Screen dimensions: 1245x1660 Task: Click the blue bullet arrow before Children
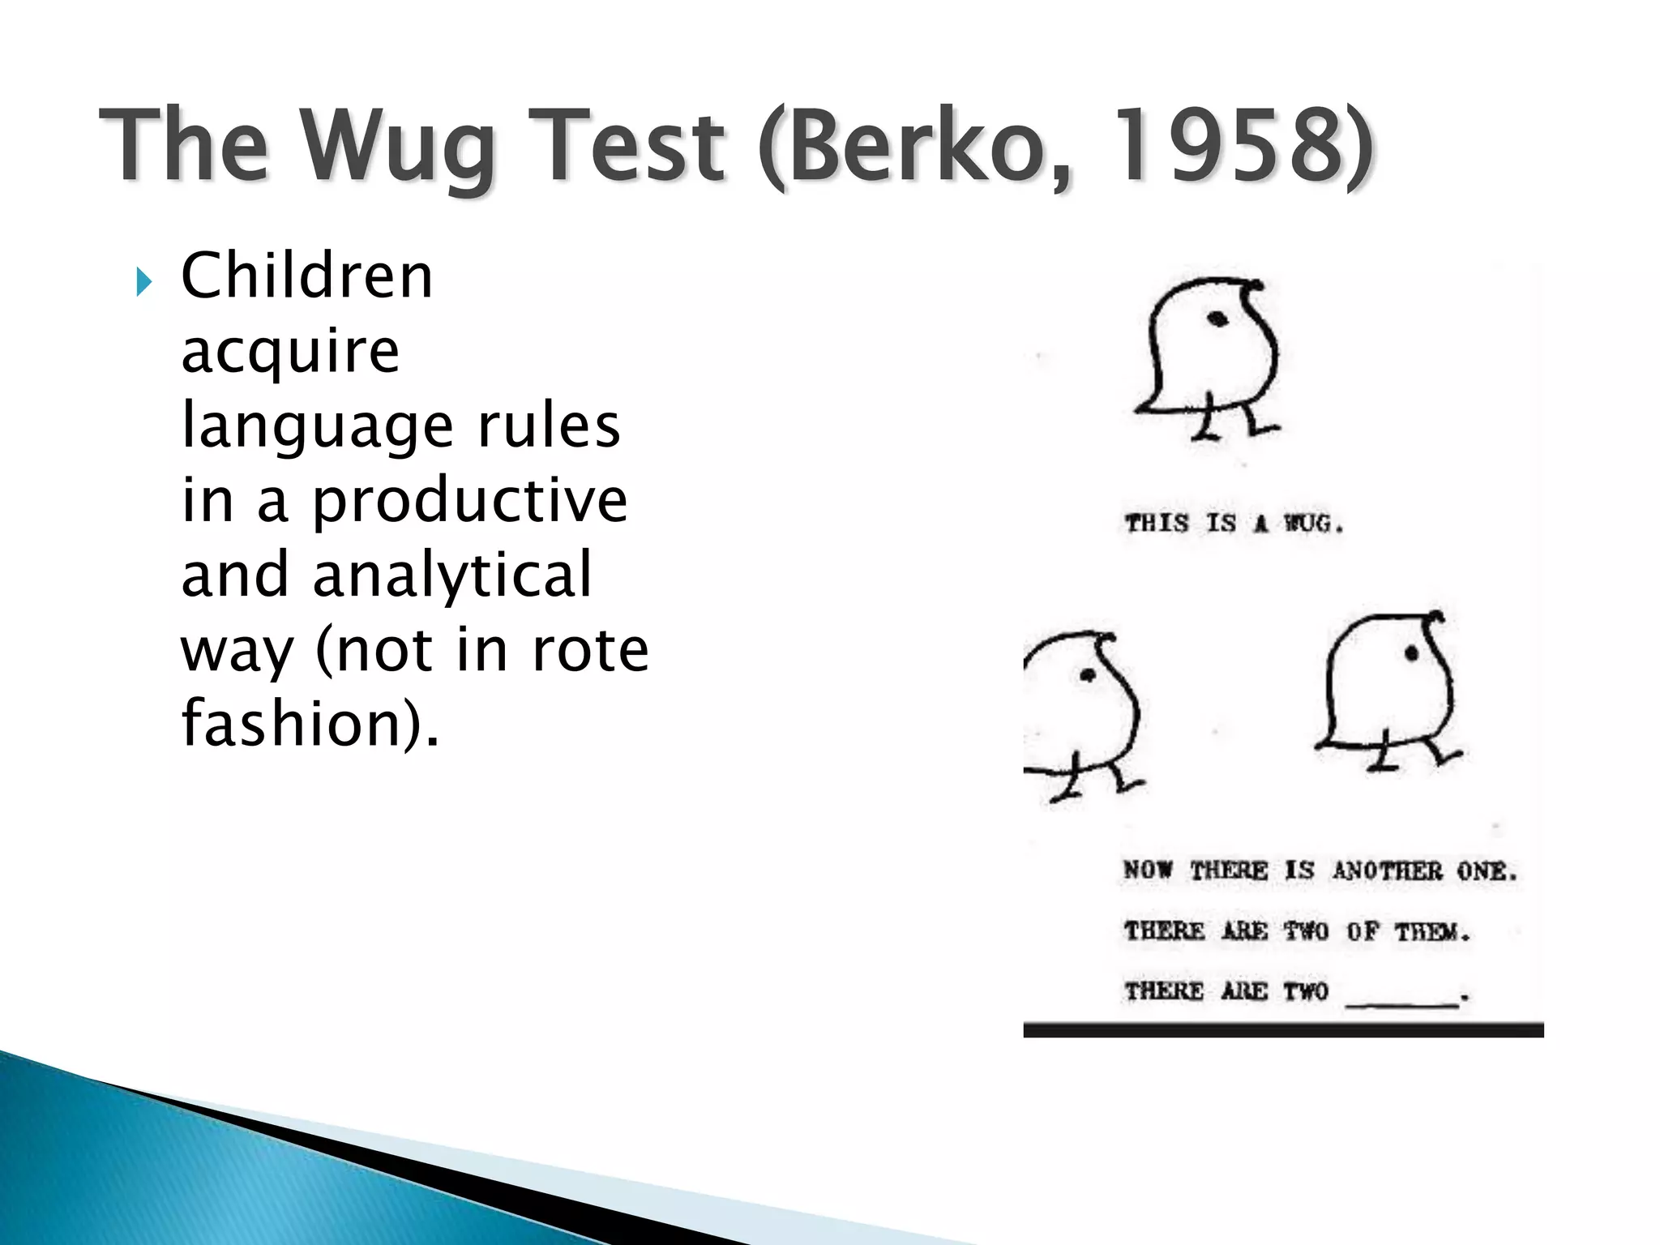tap(143, 283)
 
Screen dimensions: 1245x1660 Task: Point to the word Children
tap(306, 276)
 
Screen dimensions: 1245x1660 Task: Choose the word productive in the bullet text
tap(470, 500)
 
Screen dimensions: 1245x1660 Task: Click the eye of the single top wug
tap(1217, 319)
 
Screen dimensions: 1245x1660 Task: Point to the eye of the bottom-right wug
tap(1412, 652)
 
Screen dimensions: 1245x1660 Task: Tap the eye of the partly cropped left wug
tap(1086, 674)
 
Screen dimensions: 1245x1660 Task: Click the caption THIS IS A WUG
tap(1234, 524)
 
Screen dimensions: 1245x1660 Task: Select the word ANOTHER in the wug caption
tap(1387, 871)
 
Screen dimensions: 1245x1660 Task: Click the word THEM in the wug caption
tap(1431, 932)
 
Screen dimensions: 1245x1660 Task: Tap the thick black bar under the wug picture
tap(1282, 1030)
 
